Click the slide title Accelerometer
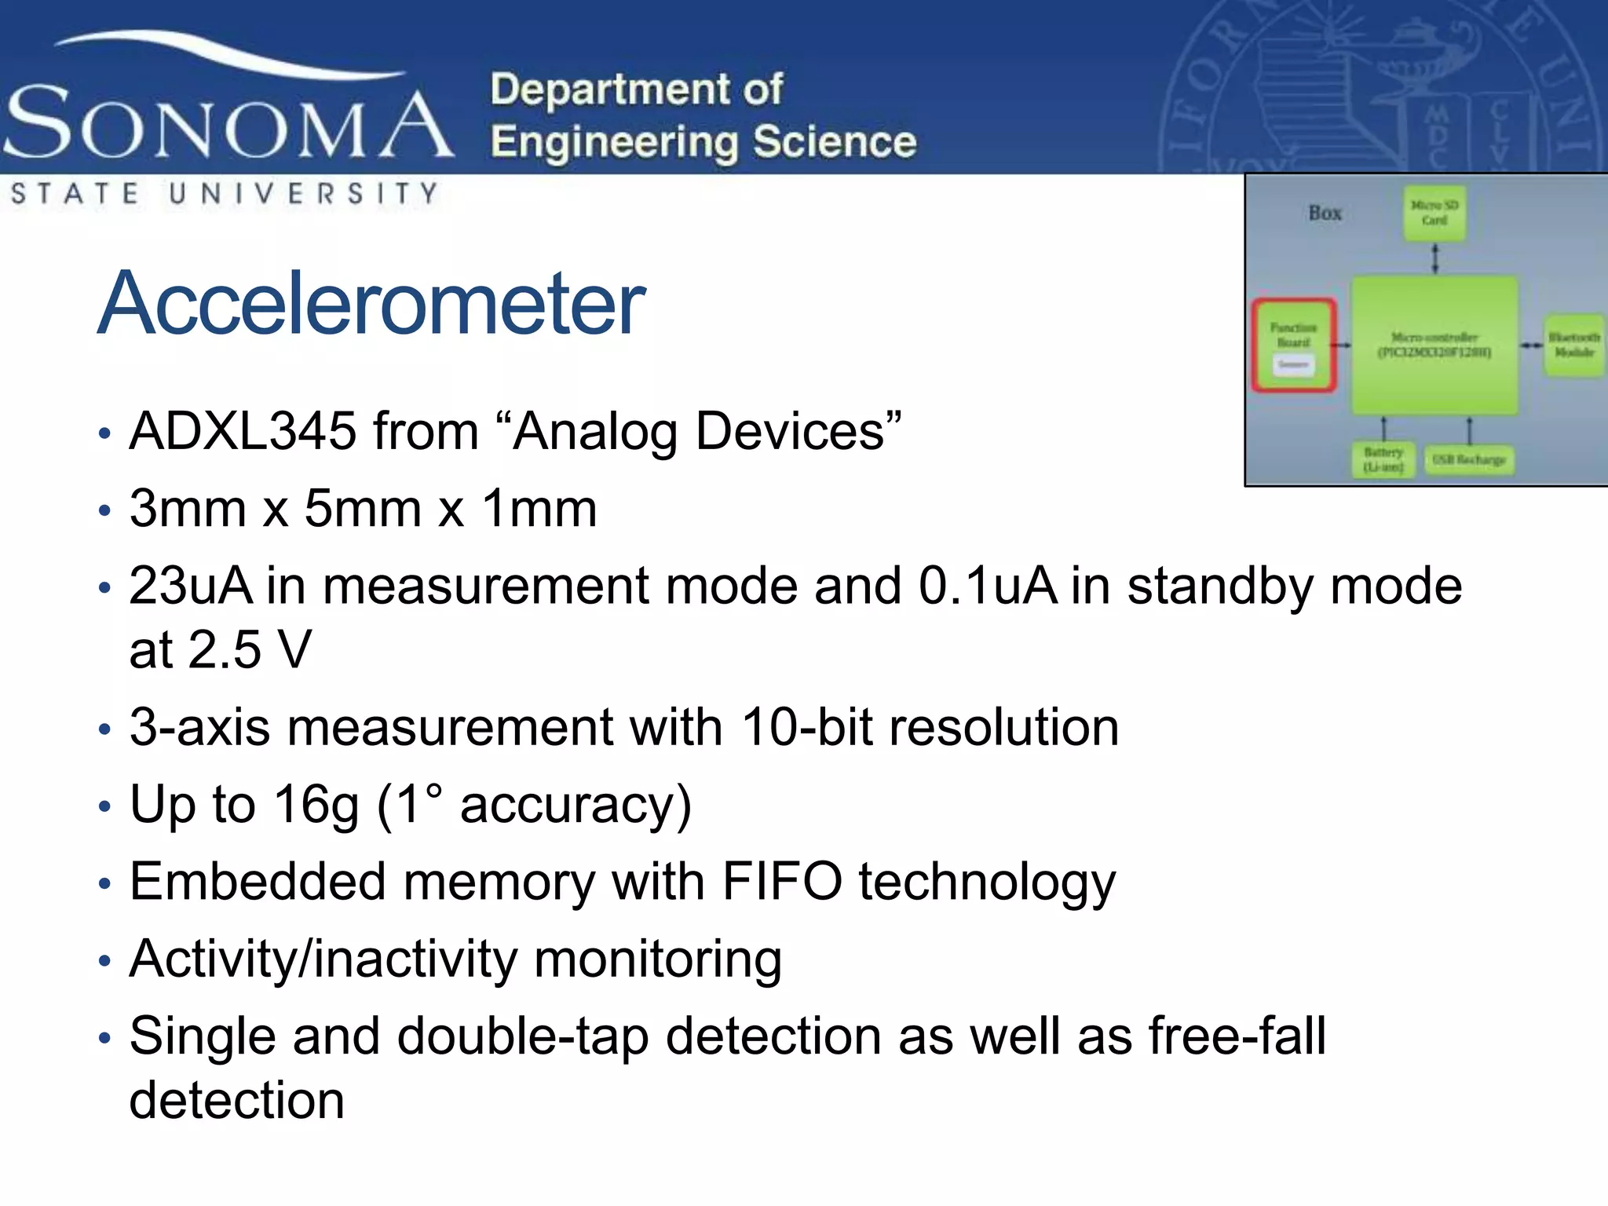[371, 304]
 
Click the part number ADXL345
[243, 431]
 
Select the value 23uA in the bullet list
[191, 586]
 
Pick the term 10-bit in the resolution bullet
[806, 727]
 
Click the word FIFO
[782, 882]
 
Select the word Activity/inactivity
[323, 959]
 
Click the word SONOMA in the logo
[228, 122]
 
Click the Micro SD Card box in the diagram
[1434, 213]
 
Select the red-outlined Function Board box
[1294, 344]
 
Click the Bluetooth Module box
[1573, 345]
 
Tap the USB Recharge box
[1468, 460]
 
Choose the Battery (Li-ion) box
[1383, 460]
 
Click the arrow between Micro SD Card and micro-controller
[1435, 258]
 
